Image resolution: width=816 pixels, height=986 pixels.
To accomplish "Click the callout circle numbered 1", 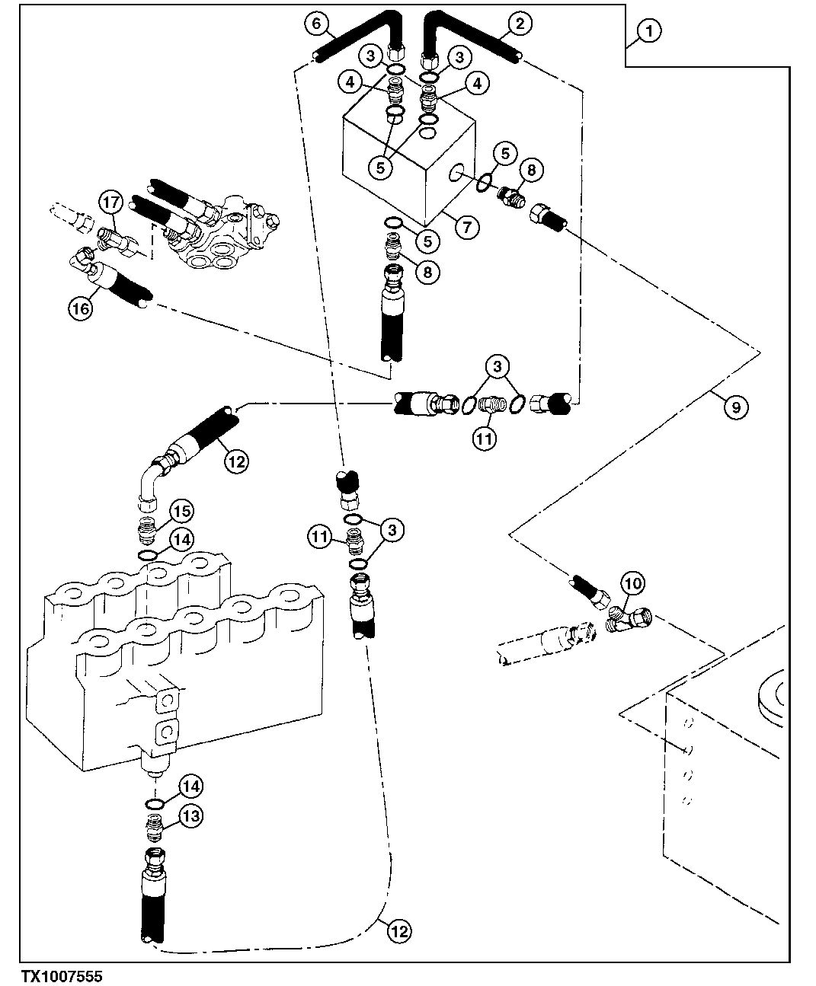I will pos(648,31).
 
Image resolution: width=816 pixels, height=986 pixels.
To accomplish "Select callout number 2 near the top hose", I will pos(519,24).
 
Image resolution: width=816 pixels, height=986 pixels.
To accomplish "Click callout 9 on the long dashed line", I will pos(735,407).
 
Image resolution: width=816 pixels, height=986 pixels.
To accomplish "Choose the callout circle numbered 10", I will pos(634,585).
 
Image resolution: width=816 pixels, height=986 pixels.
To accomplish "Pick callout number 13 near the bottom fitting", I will pos(191,816).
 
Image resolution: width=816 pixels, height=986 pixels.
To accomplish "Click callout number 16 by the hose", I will pos(82,308).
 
